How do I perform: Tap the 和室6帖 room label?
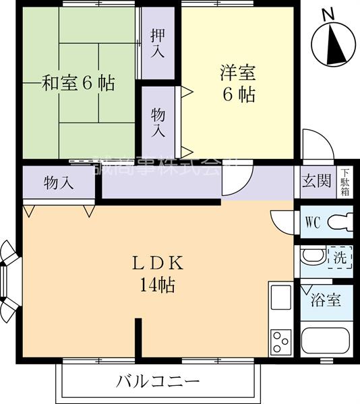point(79,83)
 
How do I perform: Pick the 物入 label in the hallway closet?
point(59,182)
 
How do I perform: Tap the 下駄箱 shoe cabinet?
point(344,181)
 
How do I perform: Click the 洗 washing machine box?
point(339,257)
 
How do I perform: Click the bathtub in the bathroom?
point(326,343)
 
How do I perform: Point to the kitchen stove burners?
point(280,337)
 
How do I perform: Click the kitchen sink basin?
point(280,296)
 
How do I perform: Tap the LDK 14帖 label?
point(158,273)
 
